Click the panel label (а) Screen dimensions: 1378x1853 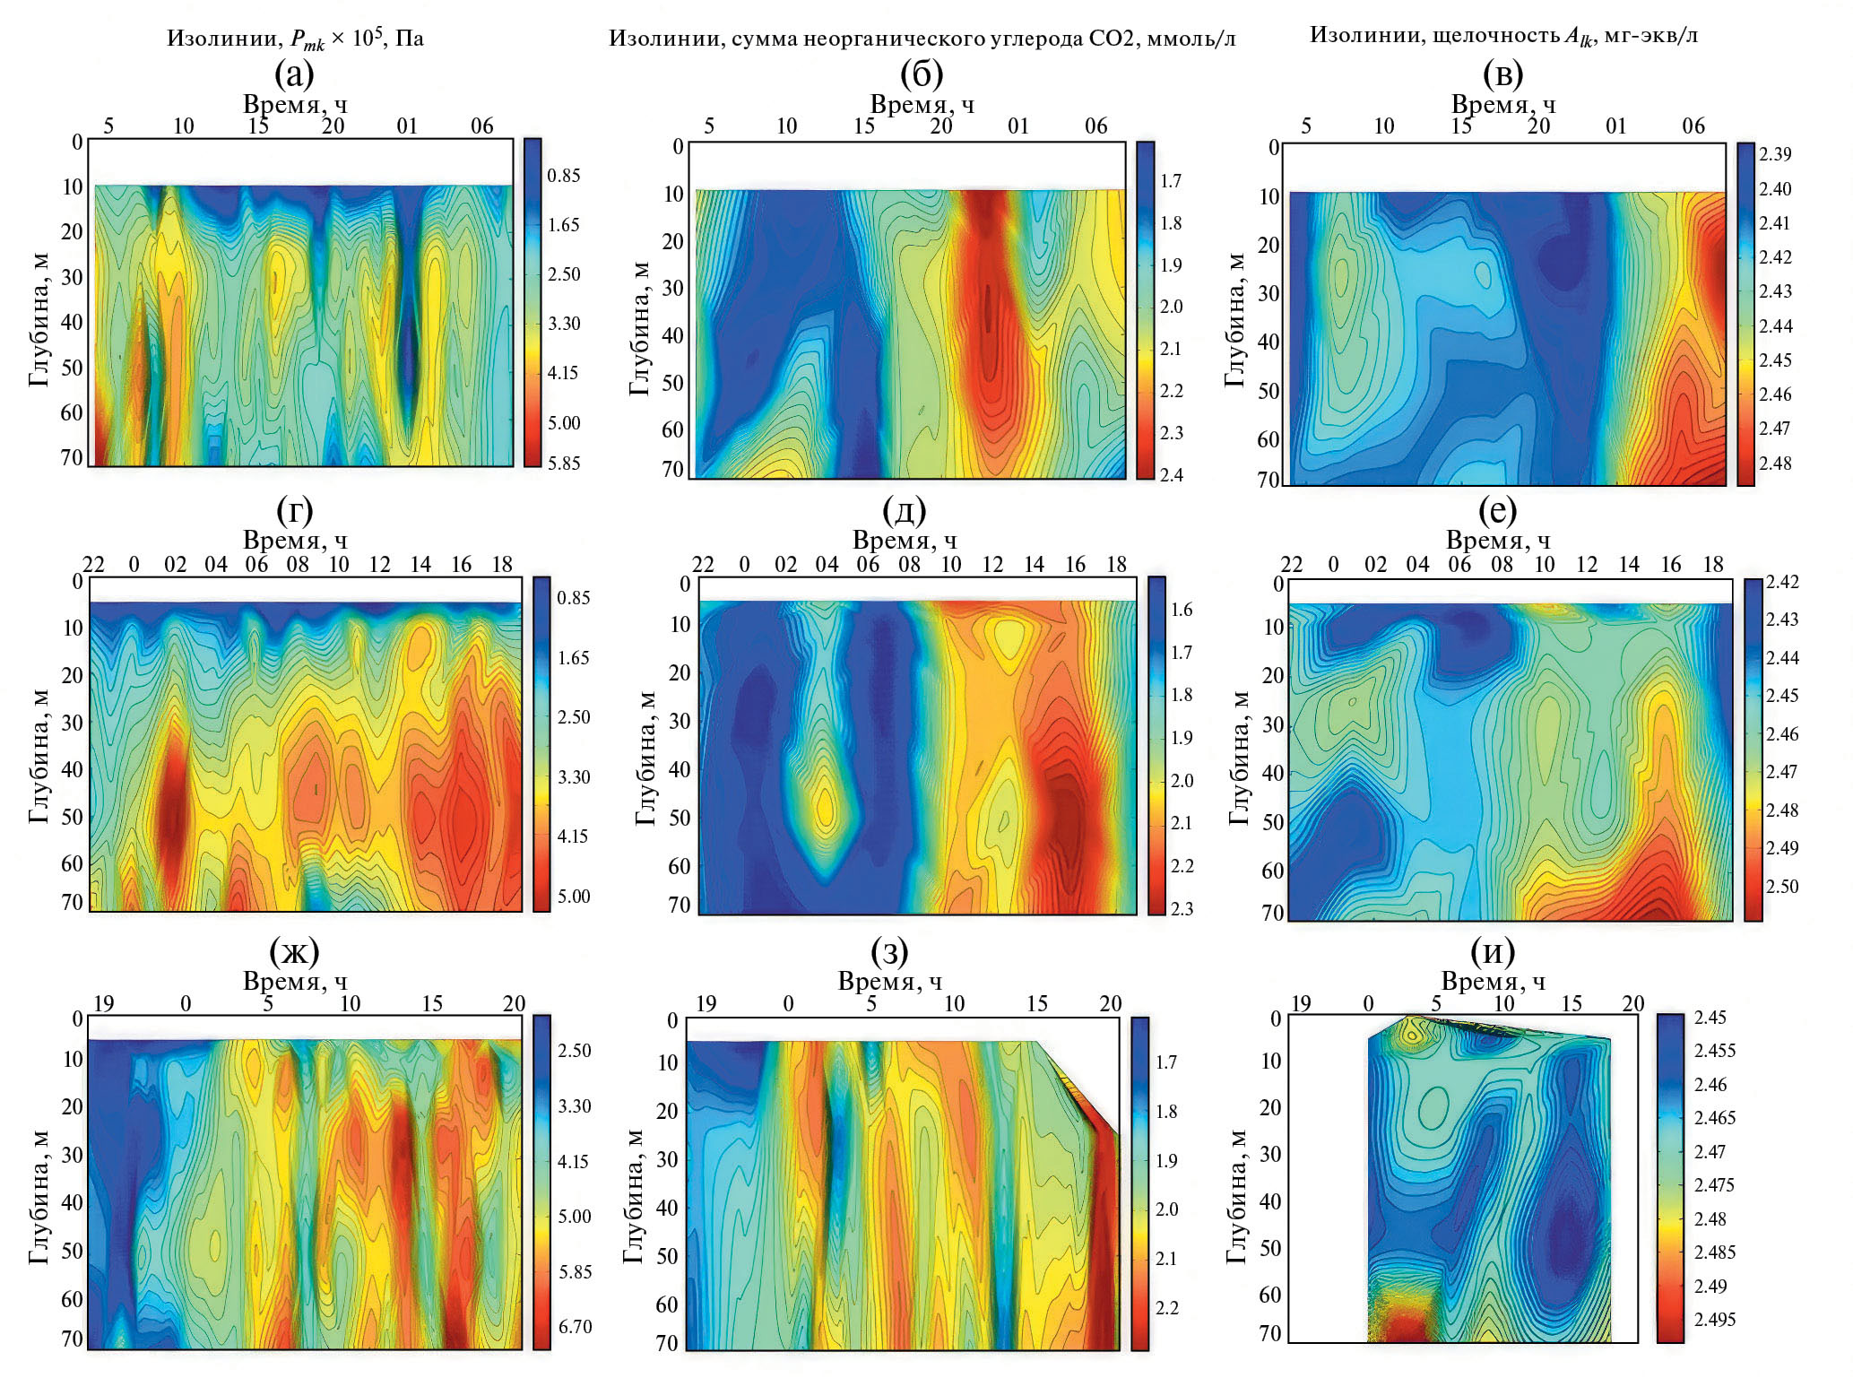point(295,74)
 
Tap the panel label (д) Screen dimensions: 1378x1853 point(904,510)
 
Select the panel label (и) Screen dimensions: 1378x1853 point(1493,950)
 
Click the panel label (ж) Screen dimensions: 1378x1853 point(294,950)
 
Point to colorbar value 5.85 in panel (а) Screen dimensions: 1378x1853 point(564,463)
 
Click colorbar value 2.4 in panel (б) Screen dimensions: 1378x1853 point(1171,475)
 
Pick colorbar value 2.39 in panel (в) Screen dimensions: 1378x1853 point(1775,154)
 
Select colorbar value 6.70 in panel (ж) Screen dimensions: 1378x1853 point(575,1326)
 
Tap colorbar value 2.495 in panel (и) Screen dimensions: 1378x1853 point(1714,1319)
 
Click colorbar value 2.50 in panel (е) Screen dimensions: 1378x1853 point(1782,886)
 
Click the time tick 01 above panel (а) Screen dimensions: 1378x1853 point(407,126)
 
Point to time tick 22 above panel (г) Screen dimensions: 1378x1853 point(93,564)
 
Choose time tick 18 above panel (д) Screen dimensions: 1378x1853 point(1116,564)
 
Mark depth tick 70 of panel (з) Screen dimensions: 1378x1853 point(666,1342)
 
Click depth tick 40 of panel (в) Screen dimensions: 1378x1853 point(1268,342)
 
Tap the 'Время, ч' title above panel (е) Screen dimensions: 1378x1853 point(1498,541)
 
